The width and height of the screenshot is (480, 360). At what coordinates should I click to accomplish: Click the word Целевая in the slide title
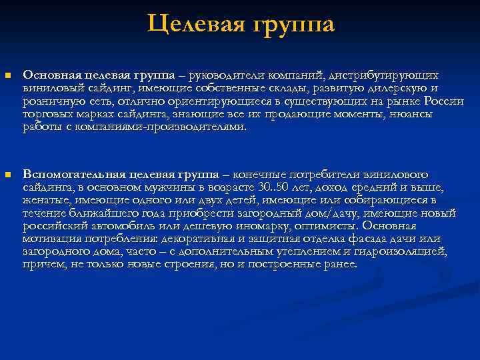click(193, 25)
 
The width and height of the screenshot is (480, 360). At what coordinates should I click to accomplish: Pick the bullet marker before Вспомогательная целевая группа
click(8, 175)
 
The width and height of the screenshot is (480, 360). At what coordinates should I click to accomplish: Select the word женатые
click(46, 200)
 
